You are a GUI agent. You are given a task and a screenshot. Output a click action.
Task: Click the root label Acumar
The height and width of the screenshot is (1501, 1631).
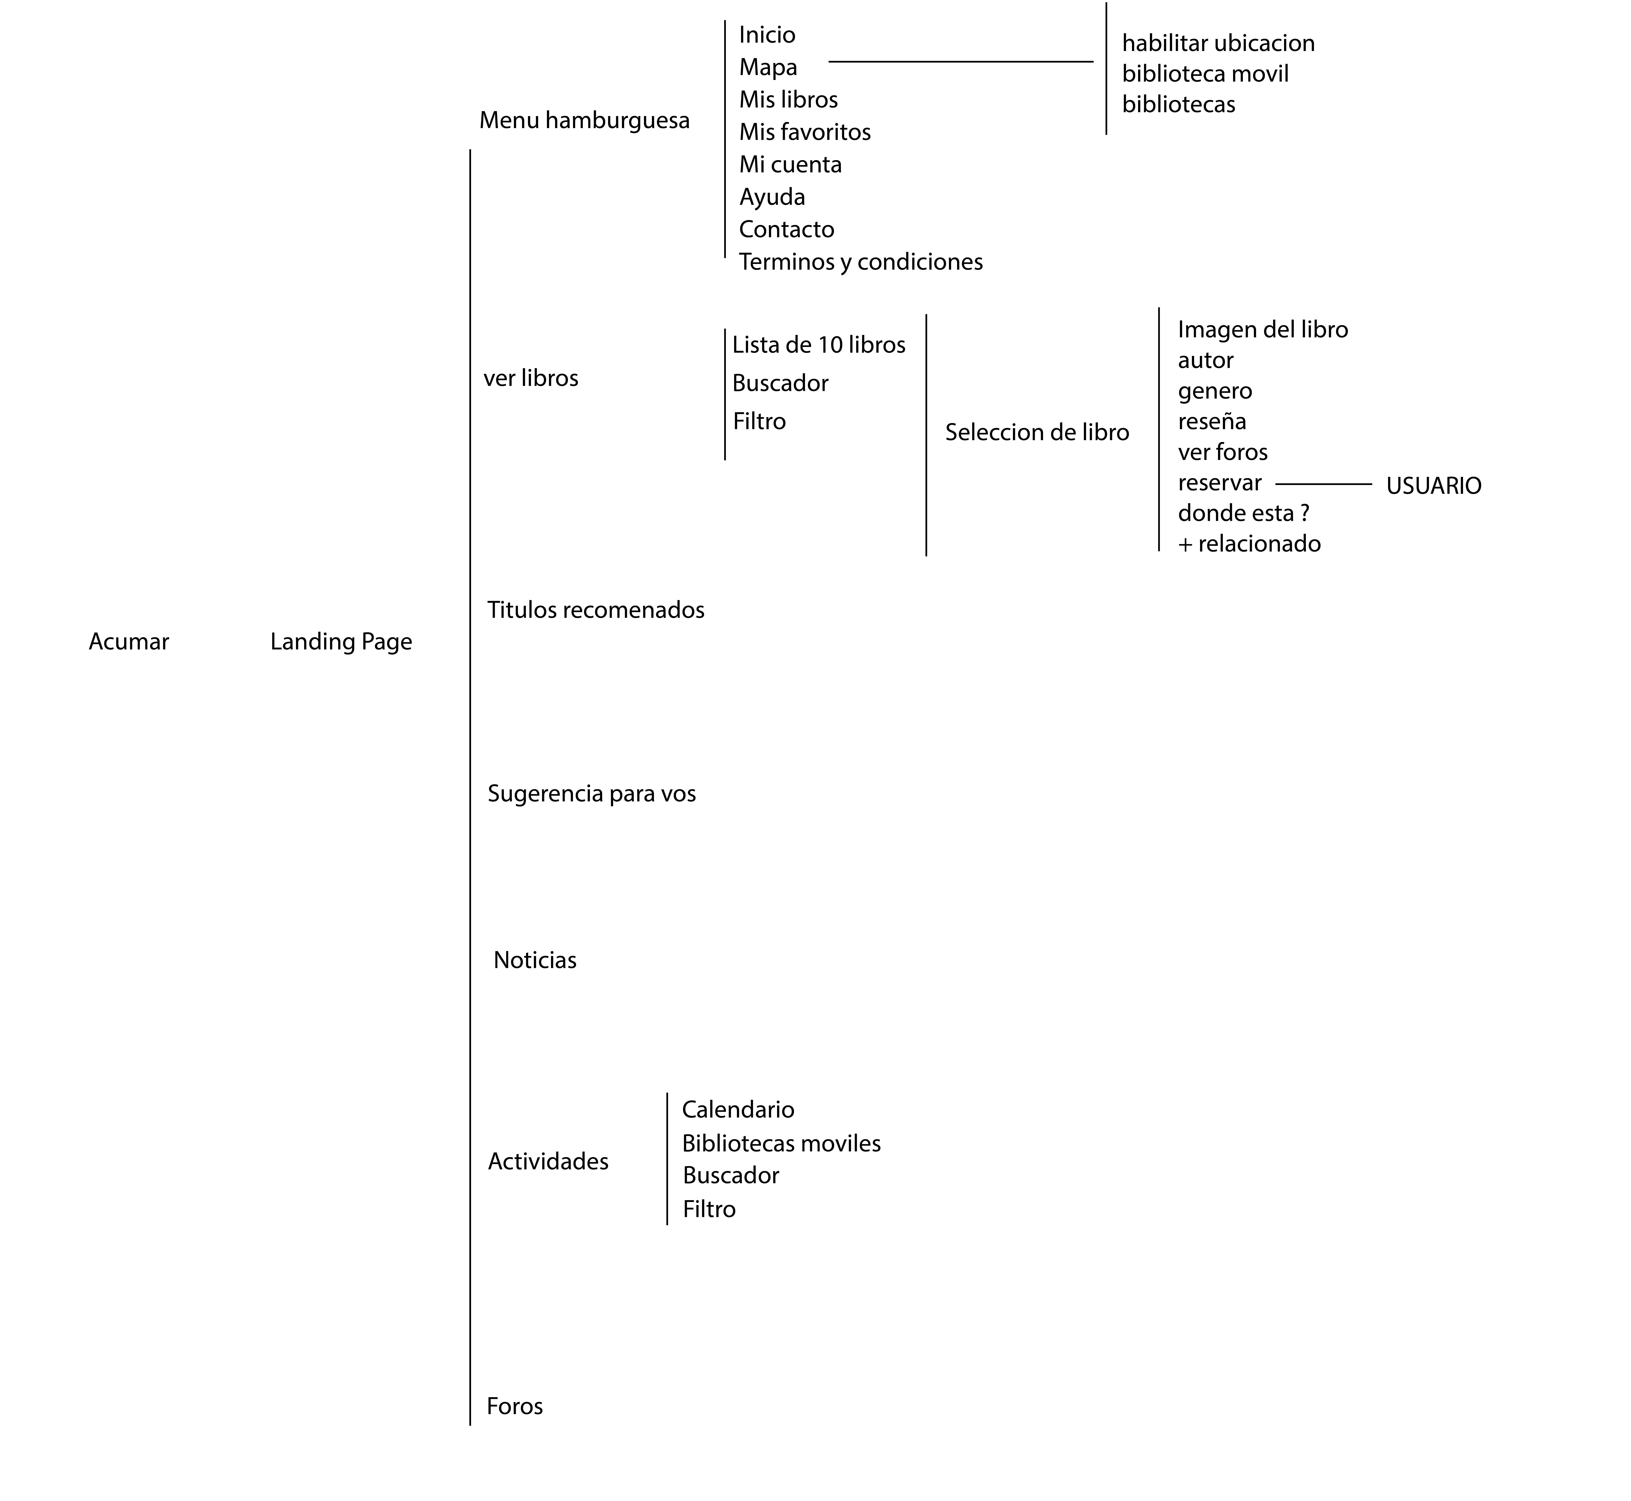click(x=128, y=642)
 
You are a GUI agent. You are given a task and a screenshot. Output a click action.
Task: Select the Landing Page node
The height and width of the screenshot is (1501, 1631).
click(x=341, y=642)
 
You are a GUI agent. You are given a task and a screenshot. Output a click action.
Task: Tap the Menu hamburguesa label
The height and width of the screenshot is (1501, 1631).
click(x=584, y=120)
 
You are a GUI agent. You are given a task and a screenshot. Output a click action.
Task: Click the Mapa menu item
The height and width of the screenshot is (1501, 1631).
click(x=768, y=68)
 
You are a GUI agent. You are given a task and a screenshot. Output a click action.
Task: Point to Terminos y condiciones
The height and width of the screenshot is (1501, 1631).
click(x=861, y=261)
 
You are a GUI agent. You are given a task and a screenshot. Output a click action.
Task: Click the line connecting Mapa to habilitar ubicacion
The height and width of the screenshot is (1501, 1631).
click(x=960, y=61)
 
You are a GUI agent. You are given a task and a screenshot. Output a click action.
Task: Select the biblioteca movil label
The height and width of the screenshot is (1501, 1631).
click(x=1205, y=74)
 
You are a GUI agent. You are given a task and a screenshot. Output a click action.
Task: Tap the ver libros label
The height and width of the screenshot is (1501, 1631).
click(x=531, y=379)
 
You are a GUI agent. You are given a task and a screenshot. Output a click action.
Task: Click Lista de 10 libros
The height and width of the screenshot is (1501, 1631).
click(x=818, y=345)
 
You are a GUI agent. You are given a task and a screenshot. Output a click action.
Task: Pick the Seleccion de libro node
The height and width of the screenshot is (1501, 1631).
click(x=1037, y=432)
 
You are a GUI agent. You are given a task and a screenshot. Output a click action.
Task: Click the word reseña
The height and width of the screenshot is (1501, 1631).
click(x=1211, y=422)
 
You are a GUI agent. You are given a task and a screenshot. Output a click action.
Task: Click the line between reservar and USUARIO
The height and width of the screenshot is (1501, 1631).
click(x=1323, y=484)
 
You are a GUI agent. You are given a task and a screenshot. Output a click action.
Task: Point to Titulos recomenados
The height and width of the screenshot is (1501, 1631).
click(x=595, y=610)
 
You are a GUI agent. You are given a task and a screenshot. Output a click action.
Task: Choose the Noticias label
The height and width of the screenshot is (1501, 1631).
click(x=535, y=960)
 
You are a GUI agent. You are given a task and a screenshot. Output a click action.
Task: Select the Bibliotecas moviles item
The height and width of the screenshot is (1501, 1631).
click(x=781, y=1144)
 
